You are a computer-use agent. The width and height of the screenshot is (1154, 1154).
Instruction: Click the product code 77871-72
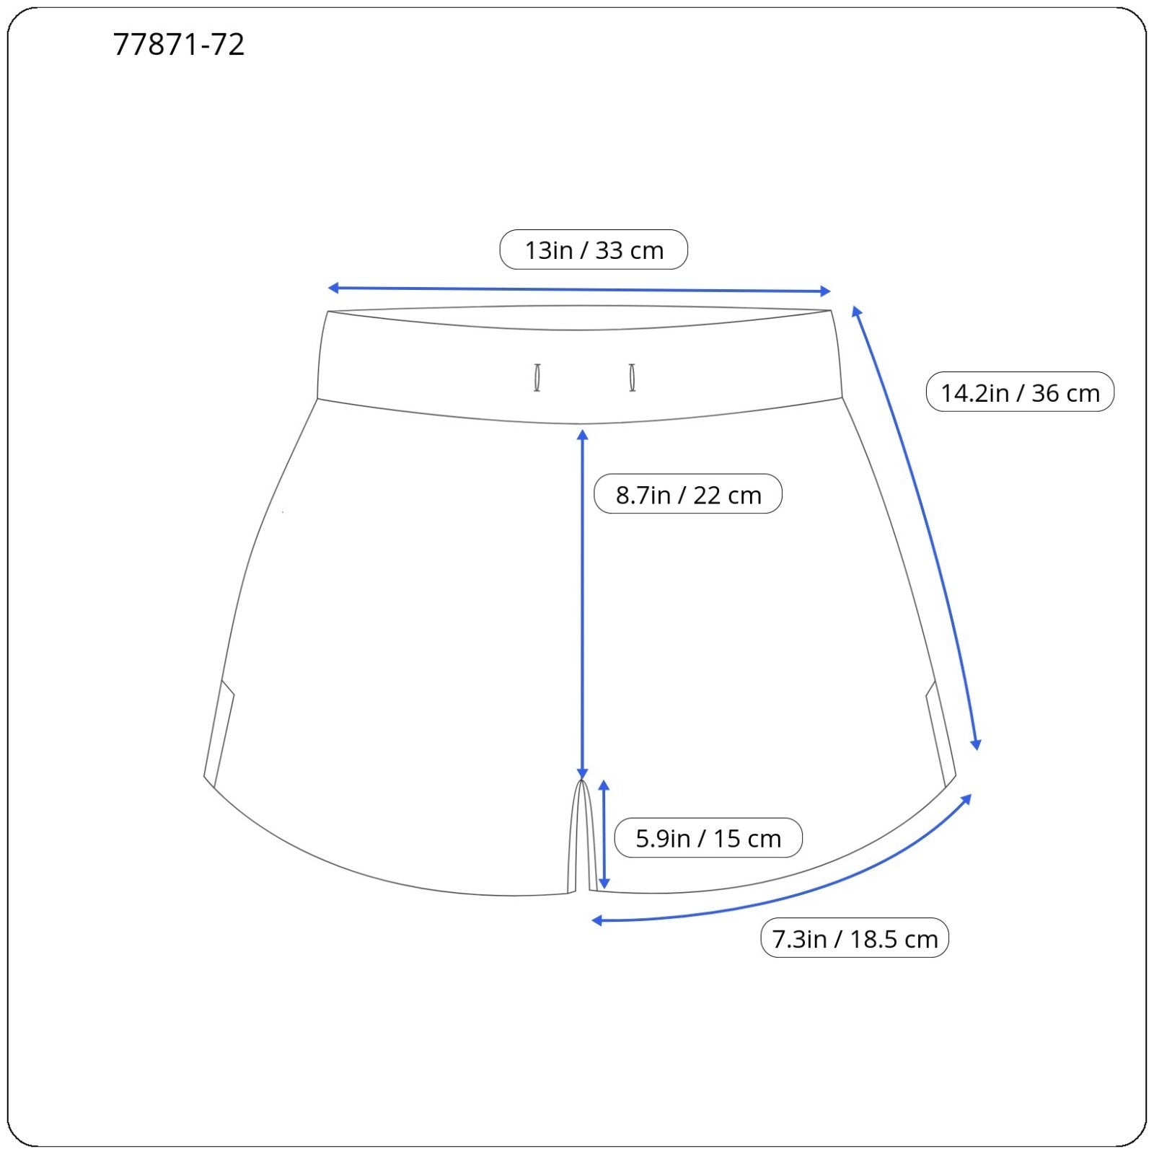click(x=179, y=45)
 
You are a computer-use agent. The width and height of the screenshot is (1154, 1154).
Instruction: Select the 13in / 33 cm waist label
click(x=594, y=250)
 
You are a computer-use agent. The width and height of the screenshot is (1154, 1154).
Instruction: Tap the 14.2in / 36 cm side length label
click(x=1020, y=392)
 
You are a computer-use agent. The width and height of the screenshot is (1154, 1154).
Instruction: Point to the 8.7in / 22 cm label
click(x=688, y=494)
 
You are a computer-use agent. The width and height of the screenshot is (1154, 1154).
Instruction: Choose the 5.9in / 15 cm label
click(x=708, y=838)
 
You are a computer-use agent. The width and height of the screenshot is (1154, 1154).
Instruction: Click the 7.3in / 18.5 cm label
click(x=855, y=938)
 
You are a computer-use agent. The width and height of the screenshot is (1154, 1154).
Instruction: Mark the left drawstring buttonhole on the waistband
click(x=537, y=377)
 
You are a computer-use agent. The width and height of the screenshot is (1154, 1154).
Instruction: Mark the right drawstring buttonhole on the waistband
click(x=632, y=377)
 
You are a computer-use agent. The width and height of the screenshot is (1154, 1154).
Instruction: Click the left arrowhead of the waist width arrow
click(x=333, y=288)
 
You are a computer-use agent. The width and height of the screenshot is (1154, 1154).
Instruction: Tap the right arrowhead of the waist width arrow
click(x=826, y=291)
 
